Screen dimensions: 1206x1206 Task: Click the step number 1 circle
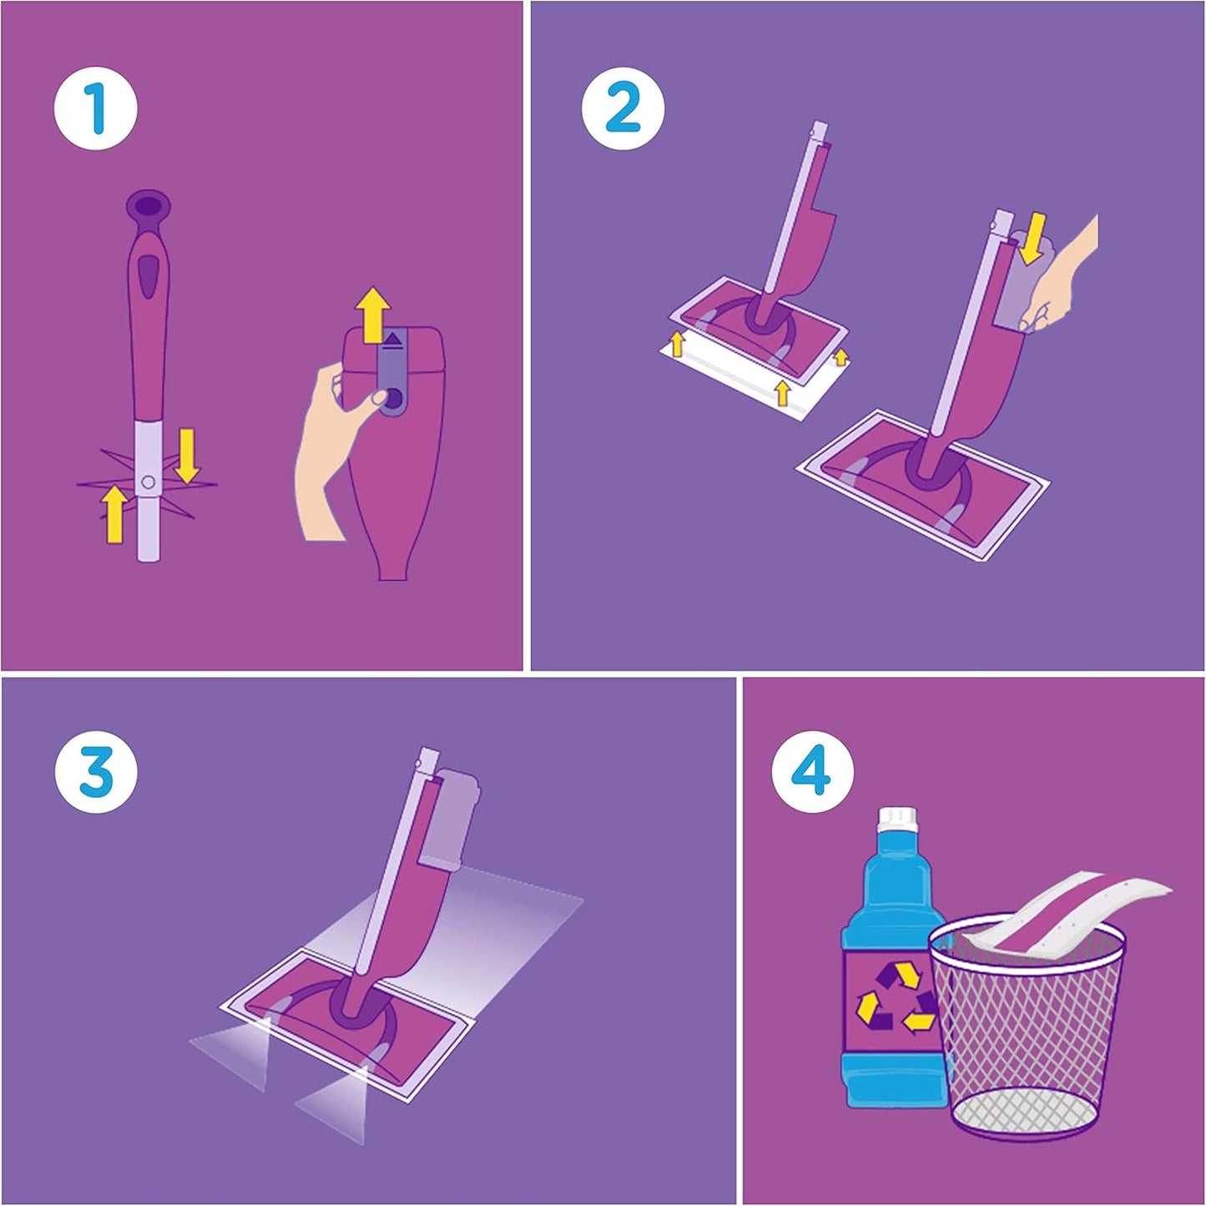[x=96, y=108]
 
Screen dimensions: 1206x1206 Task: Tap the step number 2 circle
[x=623, y=108]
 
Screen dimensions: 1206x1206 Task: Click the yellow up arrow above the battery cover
[x=376, y=313]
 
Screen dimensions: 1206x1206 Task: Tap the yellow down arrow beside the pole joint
[x=187, y=455]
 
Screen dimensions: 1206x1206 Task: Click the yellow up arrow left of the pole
[x=114, y=513]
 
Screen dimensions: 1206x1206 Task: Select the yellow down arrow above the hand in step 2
[x=1033, y=236]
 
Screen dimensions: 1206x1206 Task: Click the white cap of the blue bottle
[x=895, y=819]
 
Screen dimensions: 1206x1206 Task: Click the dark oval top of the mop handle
[x=149, y=204]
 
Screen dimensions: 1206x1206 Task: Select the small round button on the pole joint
[x=148, y=482]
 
